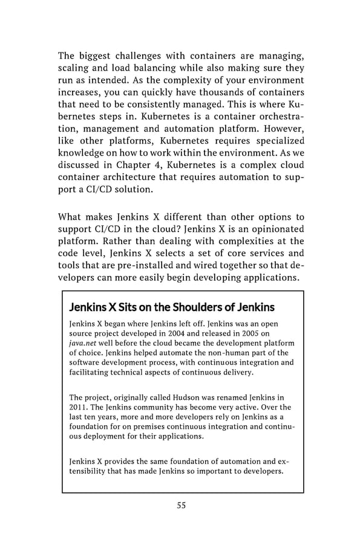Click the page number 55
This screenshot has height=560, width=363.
click(x=181, y=506)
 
